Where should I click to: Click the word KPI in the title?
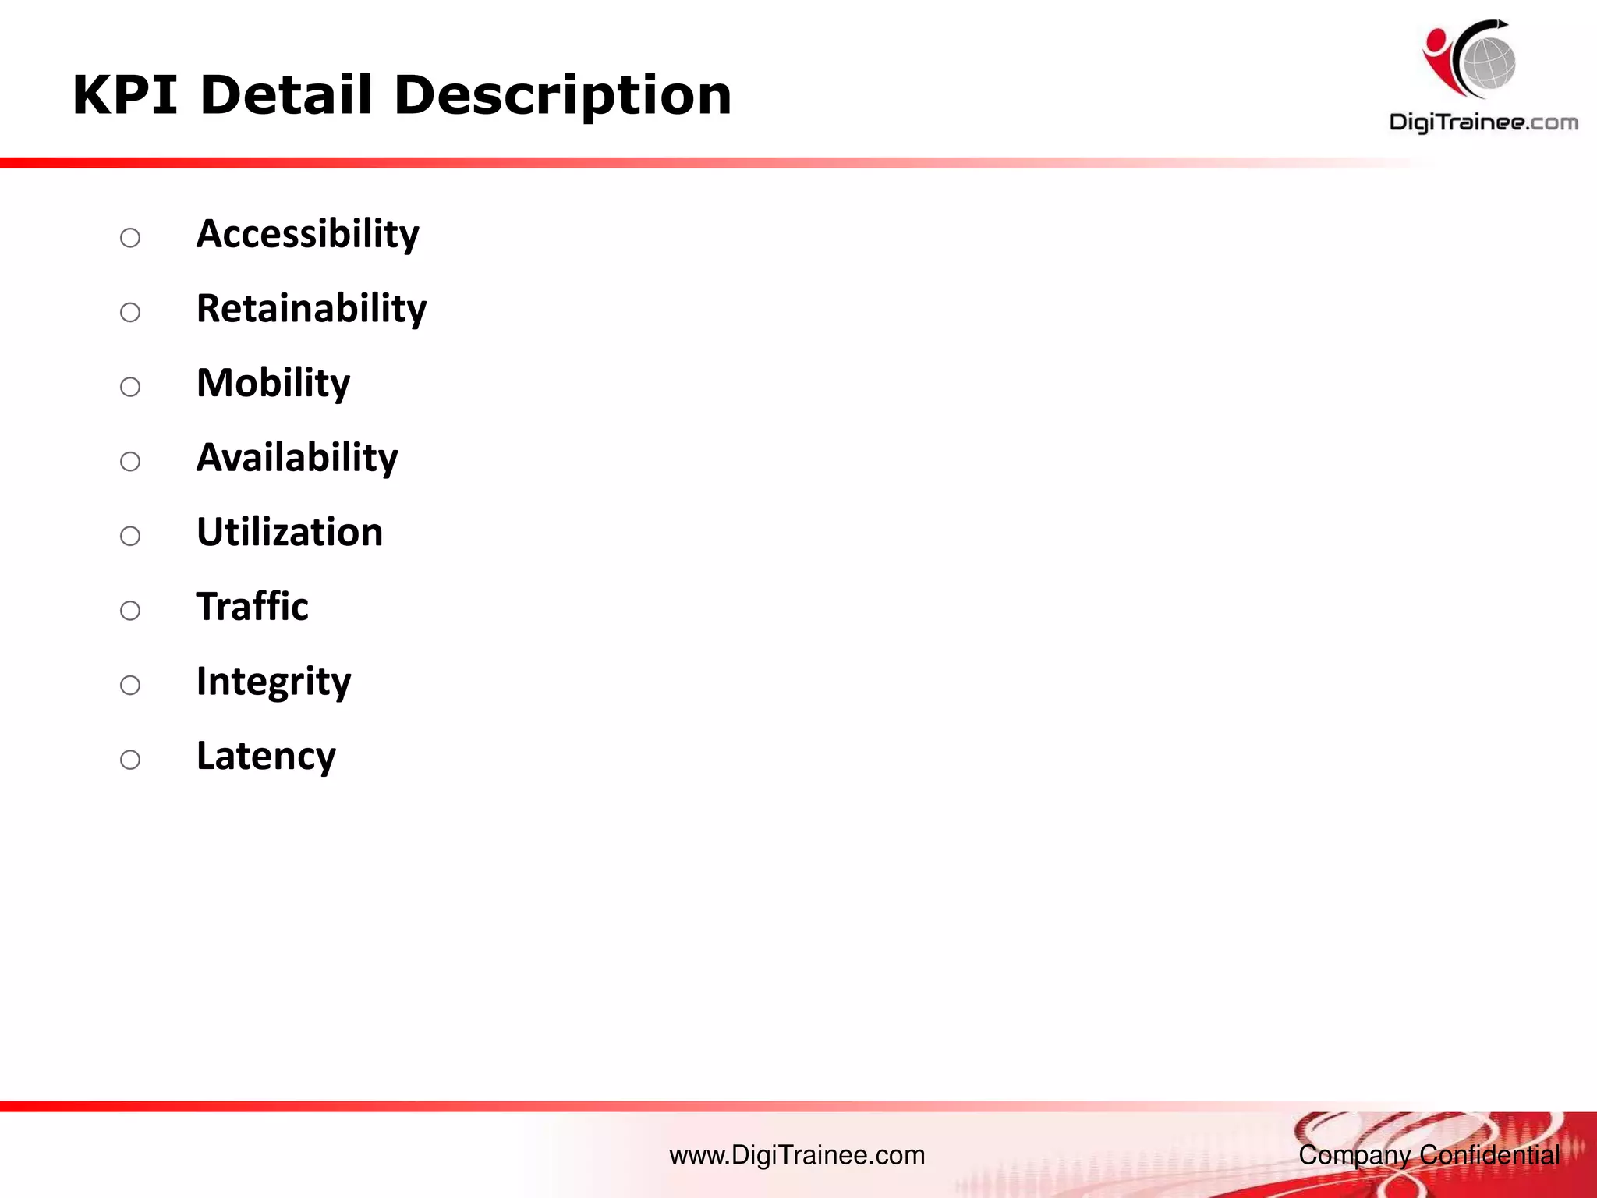(x=125, y=95)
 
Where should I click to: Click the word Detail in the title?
(x=286, y=95)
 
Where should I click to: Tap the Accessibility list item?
(x=307, y=234)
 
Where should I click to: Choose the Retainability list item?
(x=311, y=309)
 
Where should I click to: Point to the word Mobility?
(x=273, y=384)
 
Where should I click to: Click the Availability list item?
(x=297, y=458)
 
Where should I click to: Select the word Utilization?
(x=289, y=532)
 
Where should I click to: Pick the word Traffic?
(x=252, y=607)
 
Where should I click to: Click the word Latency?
(x=266, y=757)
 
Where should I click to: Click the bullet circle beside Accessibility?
(x=130, y=238)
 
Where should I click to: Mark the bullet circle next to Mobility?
(x=130, y=387)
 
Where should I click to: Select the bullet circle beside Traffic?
(x=130, y=611)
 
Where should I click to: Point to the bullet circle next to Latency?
(x=130, y=760)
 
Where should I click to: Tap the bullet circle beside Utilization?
(x=130, y=536)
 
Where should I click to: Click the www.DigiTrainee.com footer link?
(x=797, y=1155)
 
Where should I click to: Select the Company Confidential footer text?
(x=1429, y=1155)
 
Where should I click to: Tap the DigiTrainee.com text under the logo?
(x=1483, y=122)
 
